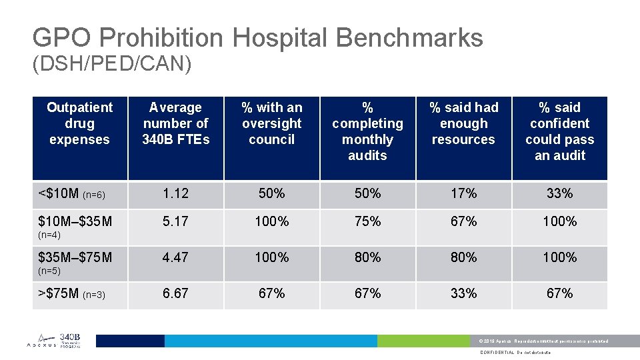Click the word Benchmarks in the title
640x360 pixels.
pyautogui.click(x=409, y=37)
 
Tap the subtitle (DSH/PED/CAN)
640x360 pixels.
pyautogui.click(x=112, y=64)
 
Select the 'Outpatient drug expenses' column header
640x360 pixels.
pyautogui.click(x=79, y=123)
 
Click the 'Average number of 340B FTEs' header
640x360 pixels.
pyautogui.click(x=175, y=123)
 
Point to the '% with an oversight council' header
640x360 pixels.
pyautogui.click(x=271, y=123)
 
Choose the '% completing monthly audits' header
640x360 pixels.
pyautogui.click(x=367, y=131)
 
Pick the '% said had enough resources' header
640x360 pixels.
pyautogui.click(x=463, y=123)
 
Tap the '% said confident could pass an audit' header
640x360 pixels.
pyautogui.click(x=559, y=131)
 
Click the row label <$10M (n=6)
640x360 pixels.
pyautogui.click(x=72, y=194)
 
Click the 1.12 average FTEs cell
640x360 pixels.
pyautogui.click(x=175, y=194)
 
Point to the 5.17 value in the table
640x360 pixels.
pyautogui.click(x=175, y=221)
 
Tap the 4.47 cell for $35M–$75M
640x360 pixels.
pyautogui.click(x=175, y=257)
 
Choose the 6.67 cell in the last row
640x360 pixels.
pyautogui.click(x=175, y=294)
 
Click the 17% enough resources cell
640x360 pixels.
pyautogui.click(x=463, y=194)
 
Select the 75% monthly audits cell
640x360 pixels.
pyautogui.click(x=367, y=221)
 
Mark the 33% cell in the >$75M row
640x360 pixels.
pyautogui.click(x=463, y=294)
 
